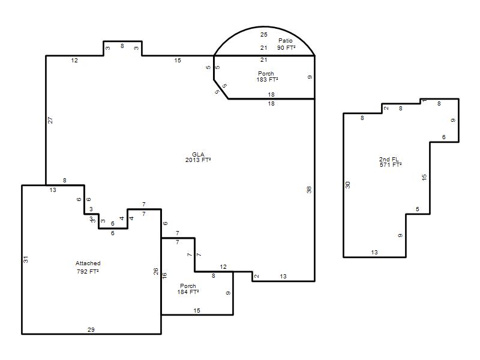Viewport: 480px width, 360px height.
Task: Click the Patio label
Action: (286, 40)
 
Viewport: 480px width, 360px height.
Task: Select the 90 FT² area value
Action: (286, 48)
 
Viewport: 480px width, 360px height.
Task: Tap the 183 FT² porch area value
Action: (267, 80)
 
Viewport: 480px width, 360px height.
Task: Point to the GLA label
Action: (198, 154)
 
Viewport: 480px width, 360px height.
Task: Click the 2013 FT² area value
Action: (198, 160)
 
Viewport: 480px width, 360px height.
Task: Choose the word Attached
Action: (88, 263)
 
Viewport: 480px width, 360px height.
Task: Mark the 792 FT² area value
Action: (88, 272)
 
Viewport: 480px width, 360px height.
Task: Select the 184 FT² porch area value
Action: (188, 292)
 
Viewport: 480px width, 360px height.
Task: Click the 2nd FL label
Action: (389, 159)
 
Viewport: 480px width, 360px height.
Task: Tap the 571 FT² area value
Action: (391, 164)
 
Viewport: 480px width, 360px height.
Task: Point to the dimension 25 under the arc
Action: (264, 35)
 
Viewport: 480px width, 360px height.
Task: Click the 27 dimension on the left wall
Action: (50, 121)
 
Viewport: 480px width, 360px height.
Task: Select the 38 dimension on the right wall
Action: (309, 190)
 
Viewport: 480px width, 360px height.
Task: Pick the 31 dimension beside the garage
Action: (26, 259)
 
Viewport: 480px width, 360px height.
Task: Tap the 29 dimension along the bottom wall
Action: (91, 329)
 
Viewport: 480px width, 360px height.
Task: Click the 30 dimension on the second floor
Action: (348, 185)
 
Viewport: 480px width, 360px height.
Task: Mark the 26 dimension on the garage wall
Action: (156, 271)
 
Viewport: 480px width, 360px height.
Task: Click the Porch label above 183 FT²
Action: (266, 73)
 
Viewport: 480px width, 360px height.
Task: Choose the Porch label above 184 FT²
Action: (188, 286)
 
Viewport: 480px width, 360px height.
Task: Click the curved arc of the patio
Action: (264, 26)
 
